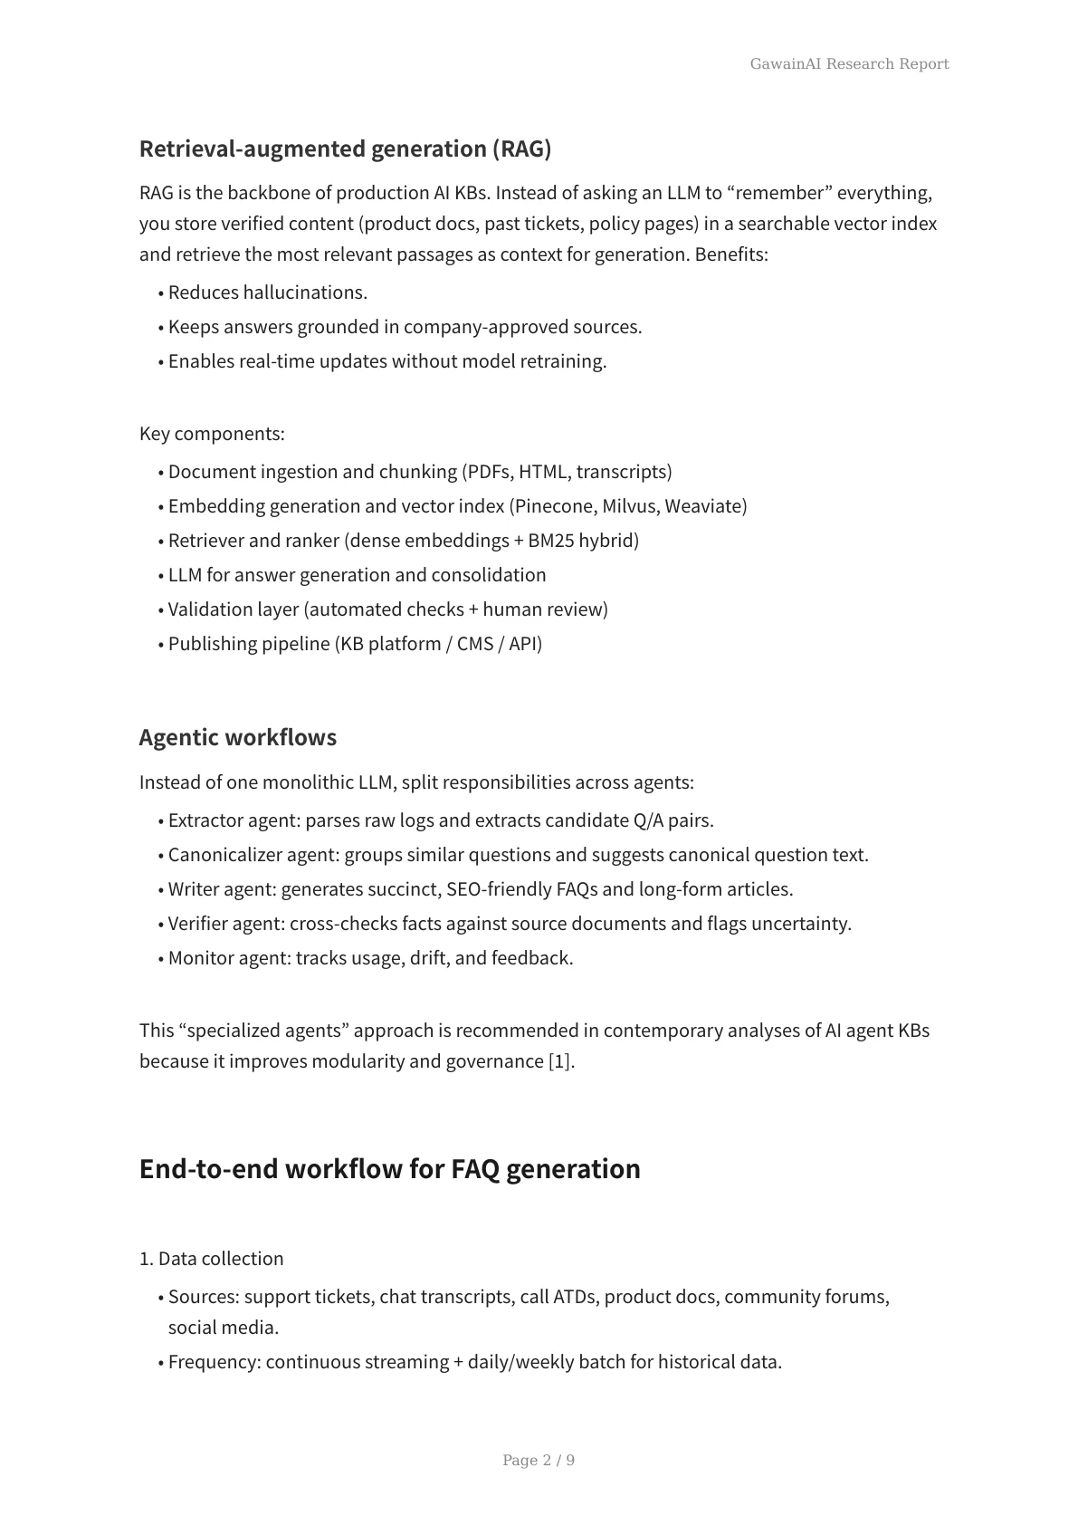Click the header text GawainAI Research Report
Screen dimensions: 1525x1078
pyautogui.click(x=849, y=63)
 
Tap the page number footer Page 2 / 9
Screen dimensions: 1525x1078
pyautogui.click(x=539, y=1460)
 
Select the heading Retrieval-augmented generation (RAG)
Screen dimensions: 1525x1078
pyautogui.click(x=345, y=149)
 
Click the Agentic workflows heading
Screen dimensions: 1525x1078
pyautogui.click(x=237, y=737)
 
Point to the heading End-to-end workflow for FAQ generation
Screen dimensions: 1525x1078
pyautogui.click(x=389, y=1168)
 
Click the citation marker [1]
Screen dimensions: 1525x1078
pyautogui.click(x=560, y=1061)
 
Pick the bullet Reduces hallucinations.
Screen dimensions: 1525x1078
pyautogui.click(x=267, y=293)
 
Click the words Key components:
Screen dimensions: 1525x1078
pyautogui.click(x=212, y=434)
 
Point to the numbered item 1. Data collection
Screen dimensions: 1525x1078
pyautogui.click(x=211, y=1259)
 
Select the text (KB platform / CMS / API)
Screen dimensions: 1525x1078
pyautogui.click(x=438, y=644)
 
